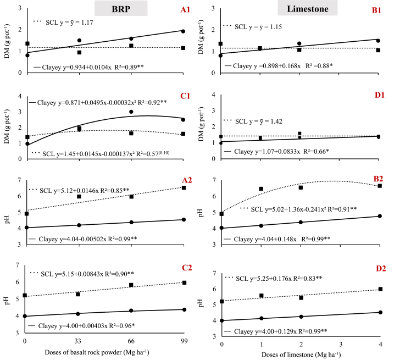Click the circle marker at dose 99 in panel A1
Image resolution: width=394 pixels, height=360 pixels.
pyautogui.click(x=183, y=31)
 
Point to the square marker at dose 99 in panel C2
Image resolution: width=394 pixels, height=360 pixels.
pyautogui.click(x=184, y=283)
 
